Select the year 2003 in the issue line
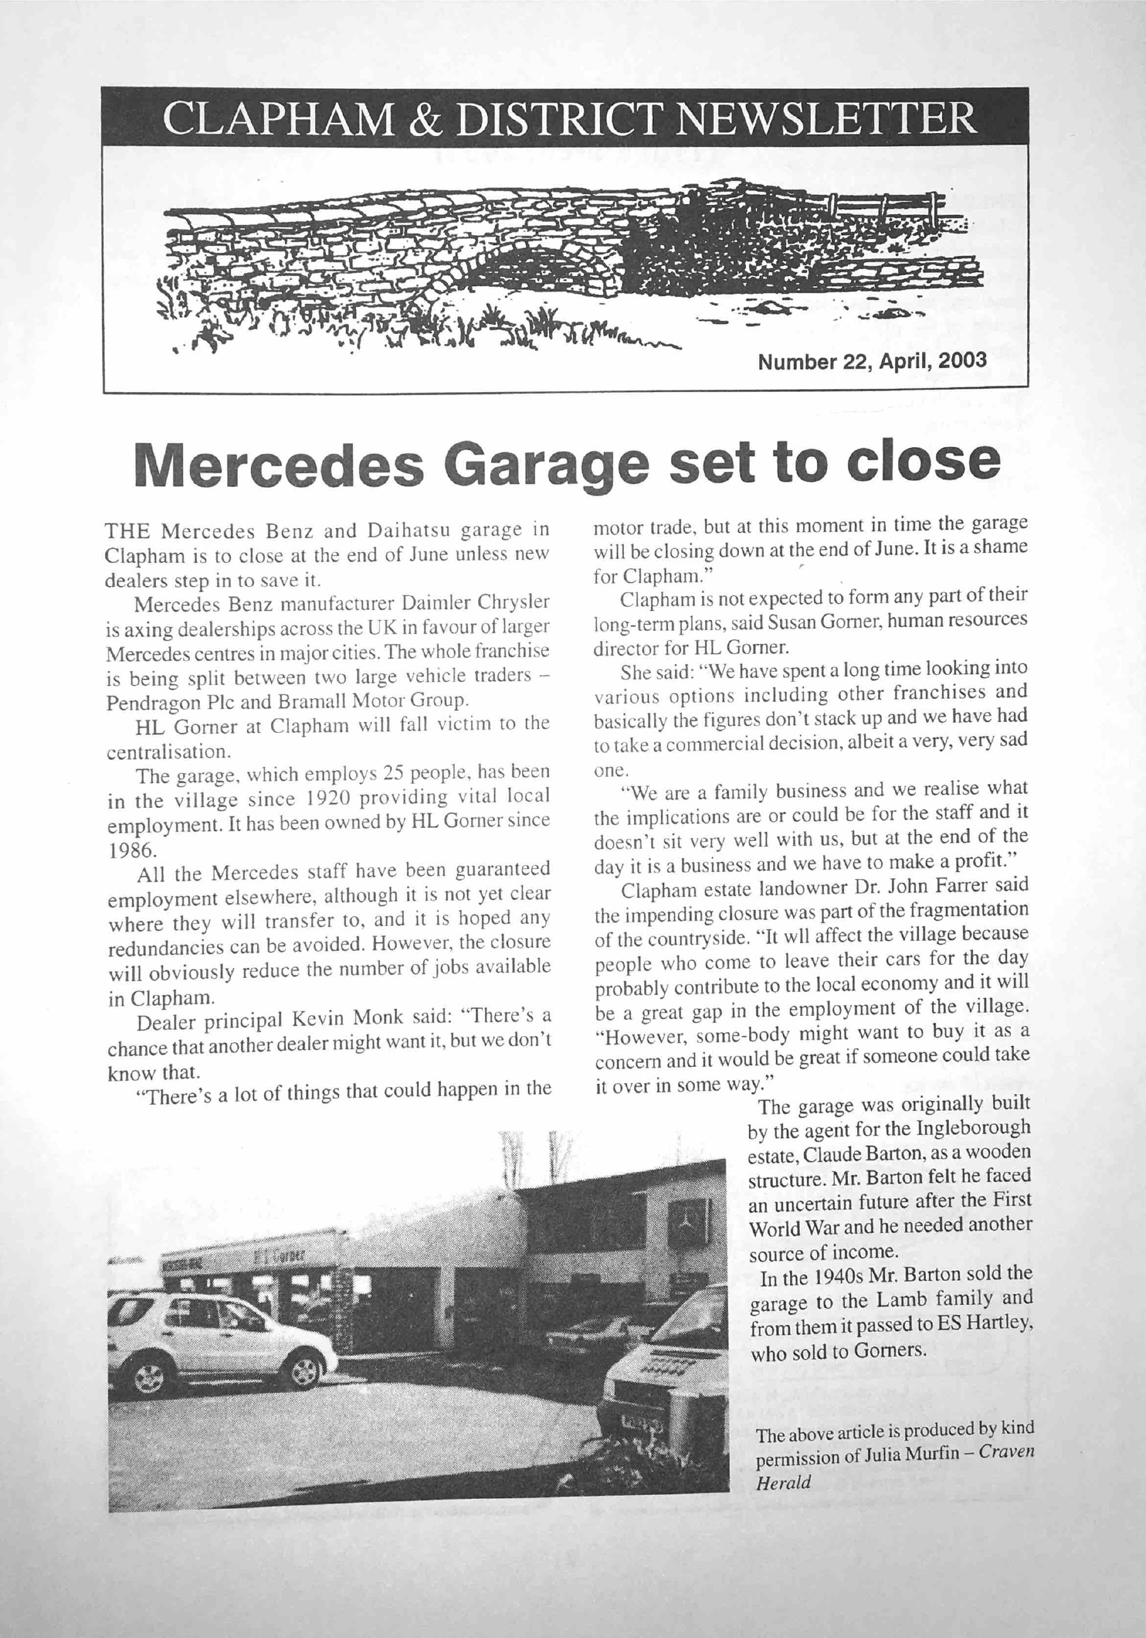tap(962, 359)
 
